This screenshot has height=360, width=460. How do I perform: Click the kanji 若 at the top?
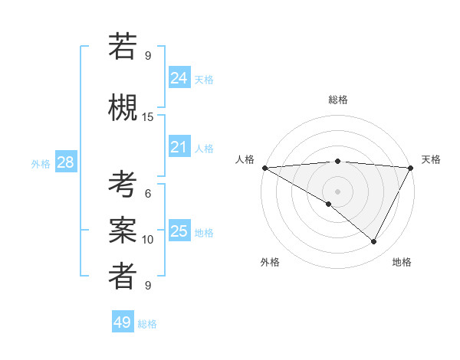(123, 47)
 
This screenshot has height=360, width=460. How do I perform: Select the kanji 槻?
(123, 106)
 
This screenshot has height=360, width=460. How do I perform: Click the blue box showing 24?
(179, 78)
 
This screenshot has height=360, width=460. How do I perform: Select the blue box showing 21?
(179, 147)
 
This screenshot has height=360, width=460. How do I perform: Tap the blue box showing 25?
(179, 231)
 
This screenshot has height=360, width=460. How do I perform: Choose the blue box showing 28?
(65, 162)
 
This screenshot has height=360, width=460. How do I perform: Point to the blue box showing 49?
(123, 322)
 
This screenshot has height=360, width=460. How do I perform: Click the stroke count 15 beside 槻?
(148, 117)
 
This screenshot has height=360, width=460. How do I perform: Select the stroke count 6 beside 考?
(148, 194)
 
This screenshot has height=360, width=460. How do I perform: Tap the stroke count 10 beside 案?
(148, 240)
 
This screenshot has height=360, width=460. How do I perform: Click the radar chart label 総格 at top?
(337, 100)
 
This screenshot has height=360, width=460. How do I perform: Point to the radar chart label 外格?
(270, 263)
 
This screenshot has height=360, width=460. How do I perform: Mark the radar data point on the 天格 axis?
(411, 168)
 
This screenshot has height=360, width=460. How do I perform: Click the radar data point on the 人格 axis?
(264, 168)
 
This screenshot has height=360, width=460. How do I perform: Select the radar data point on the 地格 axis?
(374, 241)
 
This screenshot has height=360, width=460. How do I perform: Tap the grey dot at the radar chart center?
(337, 191)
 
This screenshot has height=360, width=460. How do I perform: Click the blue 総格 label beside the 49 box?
(147, 324)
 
